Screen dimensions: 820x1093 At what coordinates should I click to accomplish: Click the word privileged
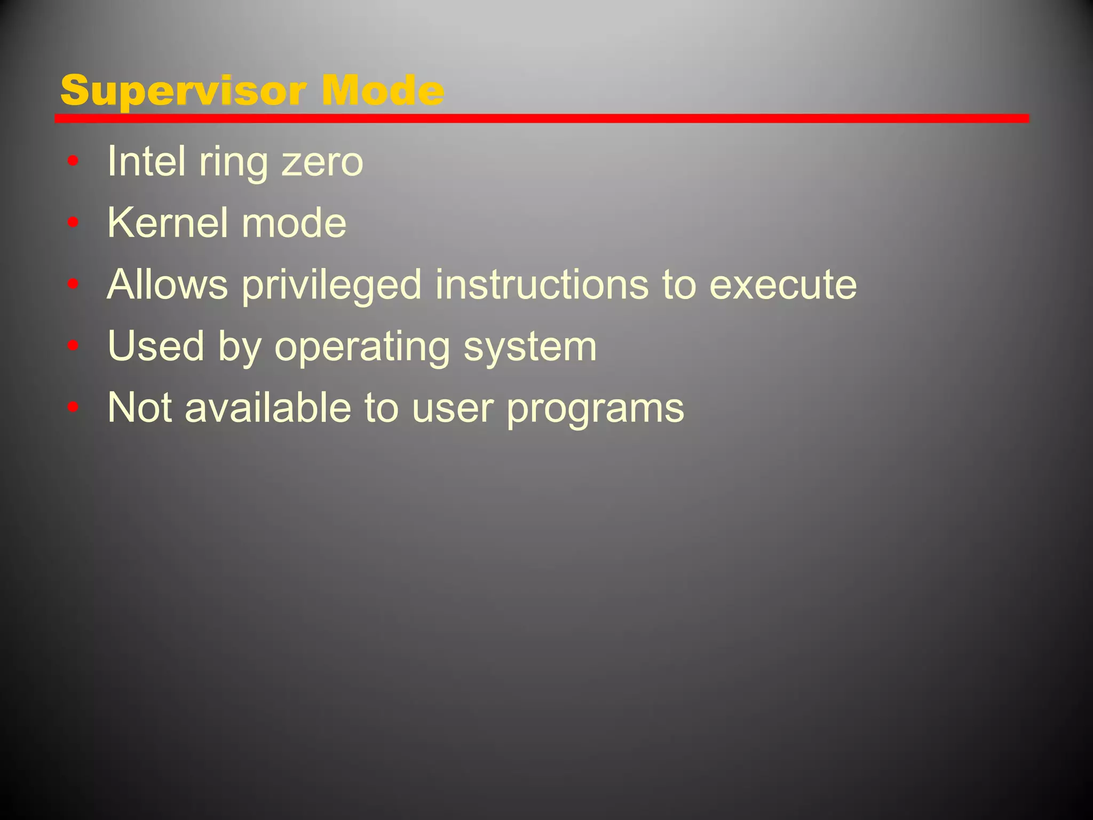click(x=331, y=285)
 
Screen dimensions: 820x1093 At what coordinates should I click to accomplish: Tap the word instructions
click(x=542, y=284)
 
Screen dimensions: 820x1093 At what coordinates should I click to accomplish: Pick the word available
click(x=267, y=408)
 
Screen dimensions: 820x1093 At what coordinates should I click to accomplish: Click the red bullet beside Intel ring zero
click(x=73, y=160)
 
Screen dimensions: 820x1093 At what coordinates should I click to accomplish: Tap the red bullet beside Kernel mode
click(x=73, y=222)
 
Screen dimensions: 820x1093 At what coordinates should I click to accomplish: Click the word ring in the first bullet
click(x=233, y=162)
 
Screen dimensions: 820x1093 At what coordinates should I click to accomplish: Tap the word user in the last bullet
click(x=453, y=408)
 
